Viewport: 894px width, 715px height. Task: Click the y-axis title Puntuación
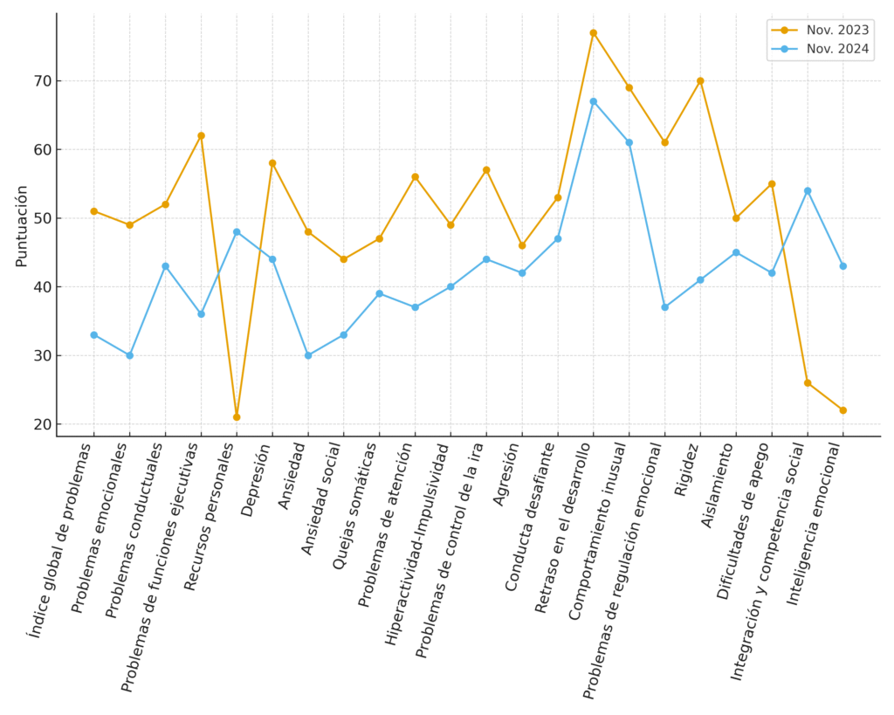tap(22, 225)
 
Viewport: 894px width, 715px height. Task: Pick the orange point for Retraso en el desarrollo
tap(594, 33)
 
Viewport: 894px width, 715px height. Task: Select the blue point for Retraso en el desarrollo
tap(594, 101)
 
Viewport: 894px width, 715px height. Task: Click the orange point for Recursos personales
tap(237, 417)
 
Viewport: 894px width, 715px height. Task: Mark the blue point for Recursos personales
tap(237, 231)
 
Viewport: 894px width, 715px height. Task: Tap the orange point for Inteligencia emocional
tap(843, 410)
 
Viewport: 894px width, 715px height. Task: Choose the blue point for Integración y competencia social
tap(808, 190)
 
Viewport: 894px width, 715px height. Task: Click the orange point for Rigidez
tap(700, 81)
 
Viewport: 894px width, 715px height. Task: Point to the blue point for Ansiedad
tap(308, 355)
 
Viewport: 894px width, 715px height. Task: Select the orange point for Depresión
tap(272, 163)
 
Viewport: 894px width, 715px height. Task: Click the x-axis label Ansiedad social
tap(322, 497)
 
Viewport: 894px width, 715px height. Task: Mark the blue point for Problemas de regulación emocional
tap(664, 307)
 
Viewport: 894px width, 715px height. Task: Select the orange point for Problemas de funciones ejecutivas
tap(201, 135)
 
